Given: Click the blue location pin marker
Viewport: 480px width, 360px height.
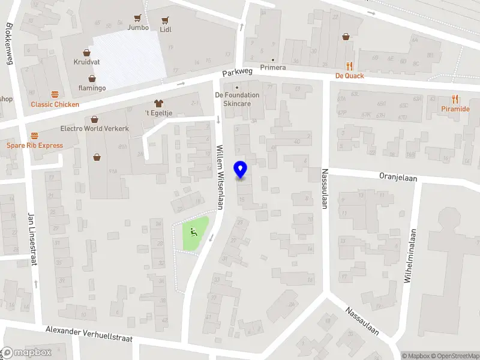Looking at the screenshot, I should (x=241, y=169).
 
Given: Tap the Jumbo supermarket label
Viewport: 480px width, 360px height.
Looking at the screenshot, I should (x=138, y=27).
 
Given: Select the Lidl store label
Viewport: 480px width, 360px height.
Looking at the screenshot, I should (x=166, y=28).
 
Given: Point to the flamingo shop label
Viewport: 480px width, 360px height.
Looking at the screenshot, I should (x=92, y=88).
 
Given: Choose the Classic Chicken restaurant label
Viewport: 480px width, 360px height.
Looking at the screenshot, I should (x=55, y=104).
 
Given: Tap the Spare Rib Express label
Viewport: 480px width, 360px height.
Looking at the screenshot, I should (x=35, y=145).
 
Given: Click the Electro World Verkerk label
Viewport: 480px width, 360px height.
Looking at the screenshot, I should (x=95, y=128).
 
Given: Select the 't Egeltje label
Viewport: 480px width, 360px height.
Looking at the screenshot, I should (x=158, y=113).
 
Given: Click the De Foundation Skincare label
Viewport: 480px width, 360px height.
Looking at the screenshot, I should (x=237, y=99).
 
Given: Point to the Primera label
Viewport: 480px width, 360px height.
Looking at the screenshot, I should (x=273, y=67).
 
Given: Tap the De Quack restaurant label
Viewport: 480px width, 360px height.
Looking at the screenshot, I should (x=350, y=76).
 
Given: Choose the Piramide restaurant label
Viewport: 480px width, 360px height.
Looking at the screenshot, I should (x=455, y=109).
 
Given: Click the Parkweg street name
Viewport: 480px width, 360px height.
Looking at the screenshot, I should (x=238, y=73).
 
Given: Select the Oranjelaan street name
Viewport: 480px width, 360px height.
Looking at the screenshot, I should (x=398, y=178).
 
